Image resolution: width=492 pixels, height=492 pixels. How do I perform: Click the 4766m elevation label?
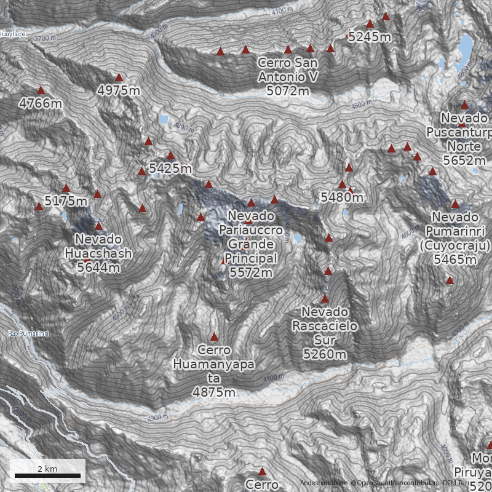[41, 103]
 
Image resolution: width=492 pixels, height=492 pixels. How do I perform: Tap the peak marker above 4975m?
[119, 77]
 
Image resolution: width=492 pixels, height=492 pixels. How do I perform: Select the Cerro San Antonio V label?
[288, 70]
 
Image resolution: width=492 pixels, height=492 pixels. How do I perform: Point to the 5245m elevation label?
[369, 37]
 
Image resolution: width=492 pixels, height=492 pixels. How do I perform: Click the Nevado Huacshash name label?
[98, 246]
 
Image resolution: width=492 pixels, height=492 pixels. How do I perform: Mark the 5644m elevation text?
[98, 268]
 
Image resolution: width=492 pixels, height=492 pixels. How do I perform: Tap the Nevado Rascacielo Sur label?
[325, 326]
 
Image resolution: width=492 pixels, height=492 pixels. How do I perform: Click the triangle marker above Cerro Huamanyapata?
[214, 337]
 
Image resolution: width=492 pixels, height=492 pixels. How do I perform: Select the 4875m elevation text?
[214, 392]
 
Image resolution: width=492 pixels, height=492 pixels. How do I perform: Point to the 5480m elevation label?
[342, 197]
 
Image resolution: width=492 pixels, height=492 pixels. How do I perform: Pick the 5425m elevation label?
[170, 168]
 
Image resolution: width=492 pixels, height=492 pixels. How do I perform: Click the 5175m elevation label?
[66, 201]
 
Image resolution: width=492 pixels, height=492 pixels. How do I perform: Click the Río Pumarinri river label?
[28, 333]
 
